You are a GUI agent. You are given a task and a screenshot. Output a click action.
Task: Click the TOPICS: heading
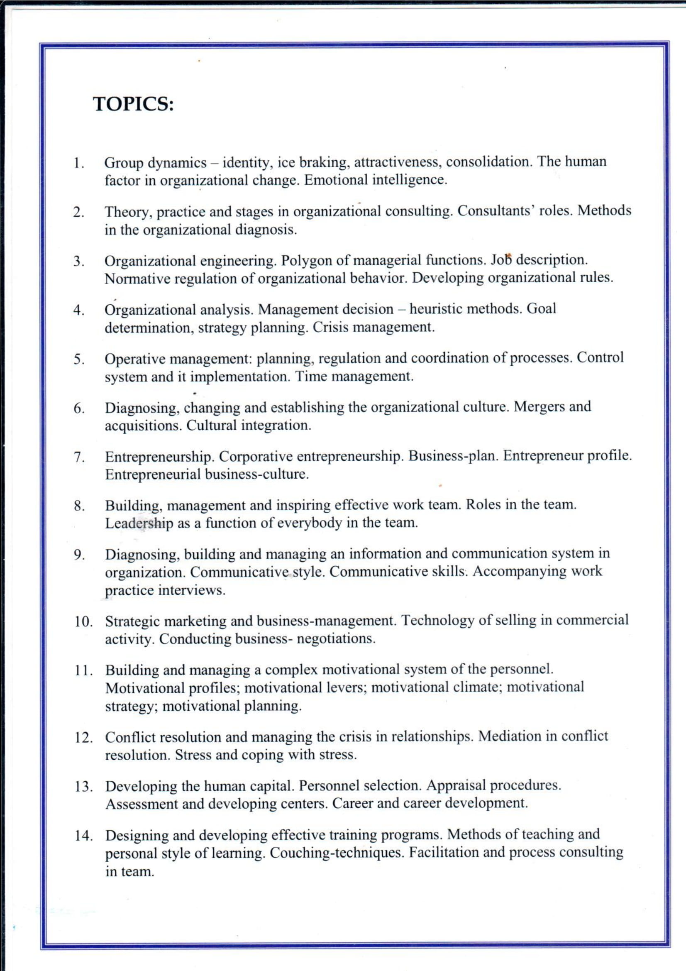pos(133,104)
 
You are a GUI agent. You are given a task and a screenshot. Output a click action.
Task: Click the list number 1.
pos(77,163)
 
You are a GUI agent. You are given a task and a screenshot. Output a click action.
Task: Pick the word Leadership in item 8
pos(139,523)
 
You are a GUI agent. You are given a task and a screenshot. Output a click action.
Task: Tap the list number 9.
pos(78,555)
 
